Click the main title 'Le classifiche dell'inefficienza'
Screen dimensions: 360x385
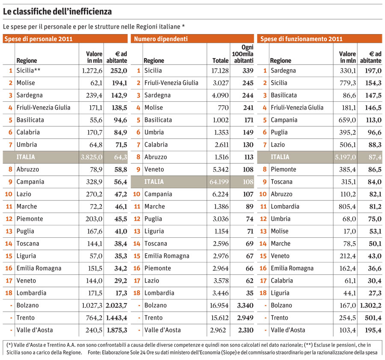(58, 11)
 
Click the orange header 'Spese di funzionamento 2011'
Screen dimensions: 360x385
(302, 39)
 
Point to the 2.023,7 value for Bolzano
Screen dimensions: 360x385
(116, 306)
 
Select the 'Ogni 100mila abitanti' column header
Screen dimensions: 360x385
(242, 54)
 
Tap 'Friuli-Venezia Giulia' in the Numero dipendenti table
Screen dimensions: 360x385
(171, 83)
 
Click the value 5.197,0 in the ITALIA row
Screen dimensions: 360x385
(345, 157)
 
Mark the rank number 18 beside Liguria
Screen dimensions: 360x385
(263, 293)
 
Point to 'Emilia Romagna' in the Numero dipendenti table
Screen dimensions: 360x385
(167, 256)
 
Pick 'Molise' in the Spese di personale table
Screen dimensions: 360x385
(26, 83)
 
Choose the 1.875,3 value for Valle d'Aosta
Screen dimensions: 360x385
(116, 330)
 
